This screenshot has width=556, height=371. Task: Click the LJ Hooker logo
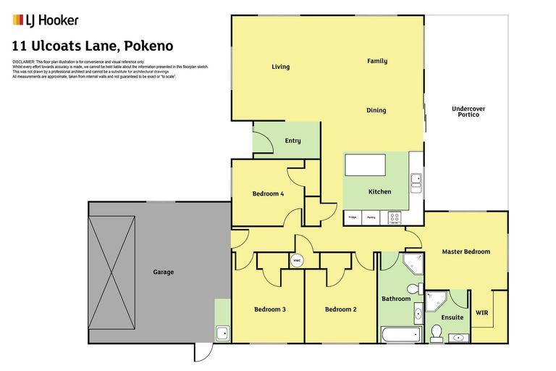pos(46,20)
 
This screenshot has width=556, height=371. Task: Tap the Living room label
pos(280,67)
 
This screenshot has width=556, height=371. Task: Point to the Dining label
pos(376,110)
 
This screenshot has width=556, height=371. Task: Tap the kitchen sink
pos(416,178)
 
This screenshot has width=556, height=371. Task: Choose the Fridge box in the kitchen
pos(352,217)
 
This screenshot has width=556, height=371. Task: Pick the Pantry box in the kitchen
pos(371,217)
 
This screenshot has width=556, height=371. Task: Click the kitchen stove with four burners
pos(395,216)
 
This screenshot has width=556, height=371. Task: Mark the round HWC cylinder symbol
pos(296,260)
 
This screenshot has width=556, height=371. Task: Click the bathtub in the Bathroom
pos(400,334)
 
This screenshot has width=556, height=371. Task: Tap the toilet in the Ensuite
pos(436,333)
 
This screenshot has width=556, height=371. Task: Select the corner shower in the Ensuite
pos(437,299)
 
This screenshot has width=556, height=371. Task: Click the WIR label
pos(481,313)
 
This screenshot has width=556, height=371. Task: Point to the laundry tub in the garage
pos(223,333)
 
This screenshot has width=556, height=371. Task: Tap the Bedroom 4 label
pos(268,193)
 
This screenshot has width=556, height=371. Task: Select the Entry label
pos(292,141)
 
